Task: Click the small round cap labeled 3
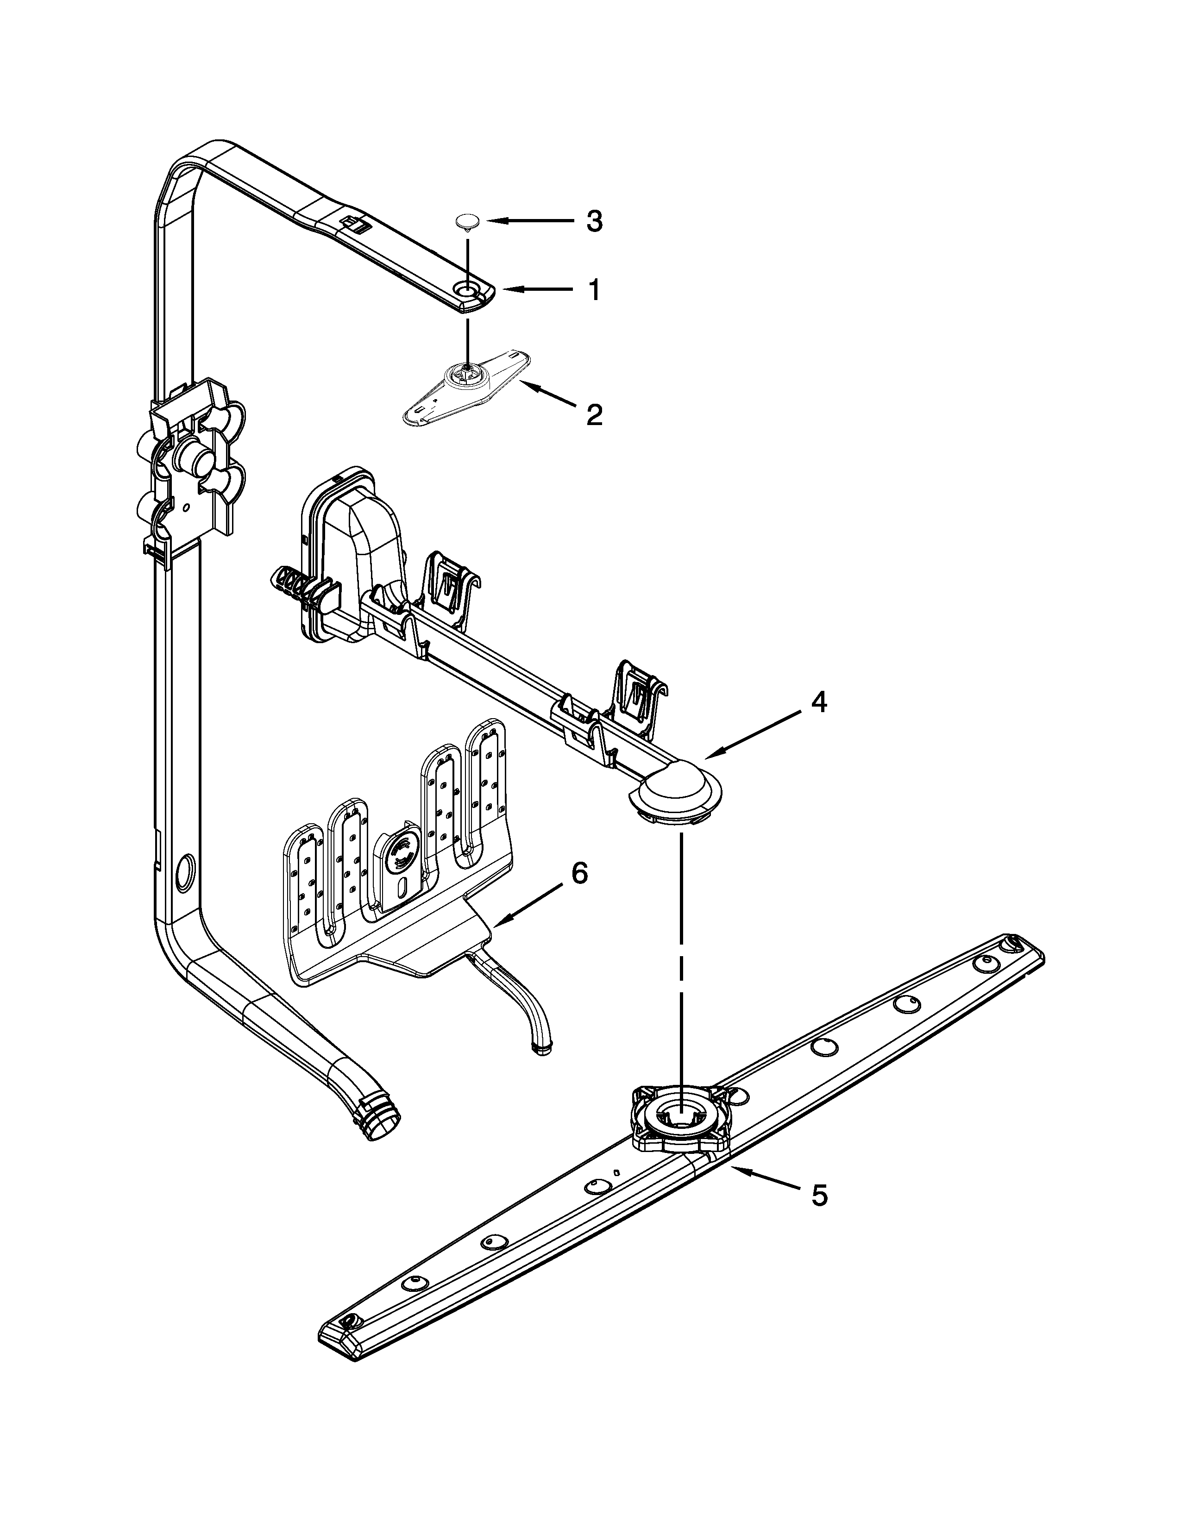(x=467, y=222)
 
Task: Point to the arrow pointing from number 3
(x=529, y=221)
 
